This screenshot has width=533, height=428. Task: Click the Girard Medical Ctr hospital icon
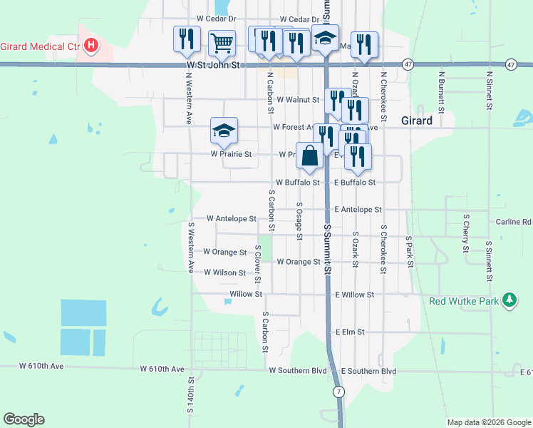point(91,46)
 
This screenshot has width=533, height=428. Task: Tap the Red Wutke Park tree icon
point(509,300)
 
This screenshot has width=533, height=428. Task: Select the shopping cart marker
point(222,43)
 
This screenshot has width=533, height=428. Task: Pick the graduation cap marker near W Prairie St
point(224,131)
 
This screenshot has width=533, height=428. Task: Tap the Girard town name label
point(416,121)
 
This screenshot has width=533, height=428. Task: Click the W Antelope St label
point(231,218)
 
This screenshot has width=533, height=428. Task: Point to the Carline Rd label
point(514,222)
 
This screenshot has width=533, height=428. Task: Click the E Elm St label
point(350,332)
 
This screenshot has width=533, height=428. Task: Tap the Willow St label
point(247,294)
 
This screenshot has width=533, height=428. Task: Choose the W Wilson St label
point(225,272)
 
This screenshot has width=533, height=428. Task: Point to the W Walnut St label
point(299,100)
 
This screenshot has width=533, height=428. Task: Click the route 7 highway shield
point(338,392)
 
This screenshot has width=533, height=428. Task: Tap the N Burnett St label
point(442,91)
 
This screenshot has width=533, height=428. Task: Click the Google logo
point(24,419)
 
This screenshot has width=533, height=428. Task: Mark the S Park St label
point(410,251)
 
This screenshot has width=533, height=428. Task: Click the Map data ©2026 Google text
point(489,422)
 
